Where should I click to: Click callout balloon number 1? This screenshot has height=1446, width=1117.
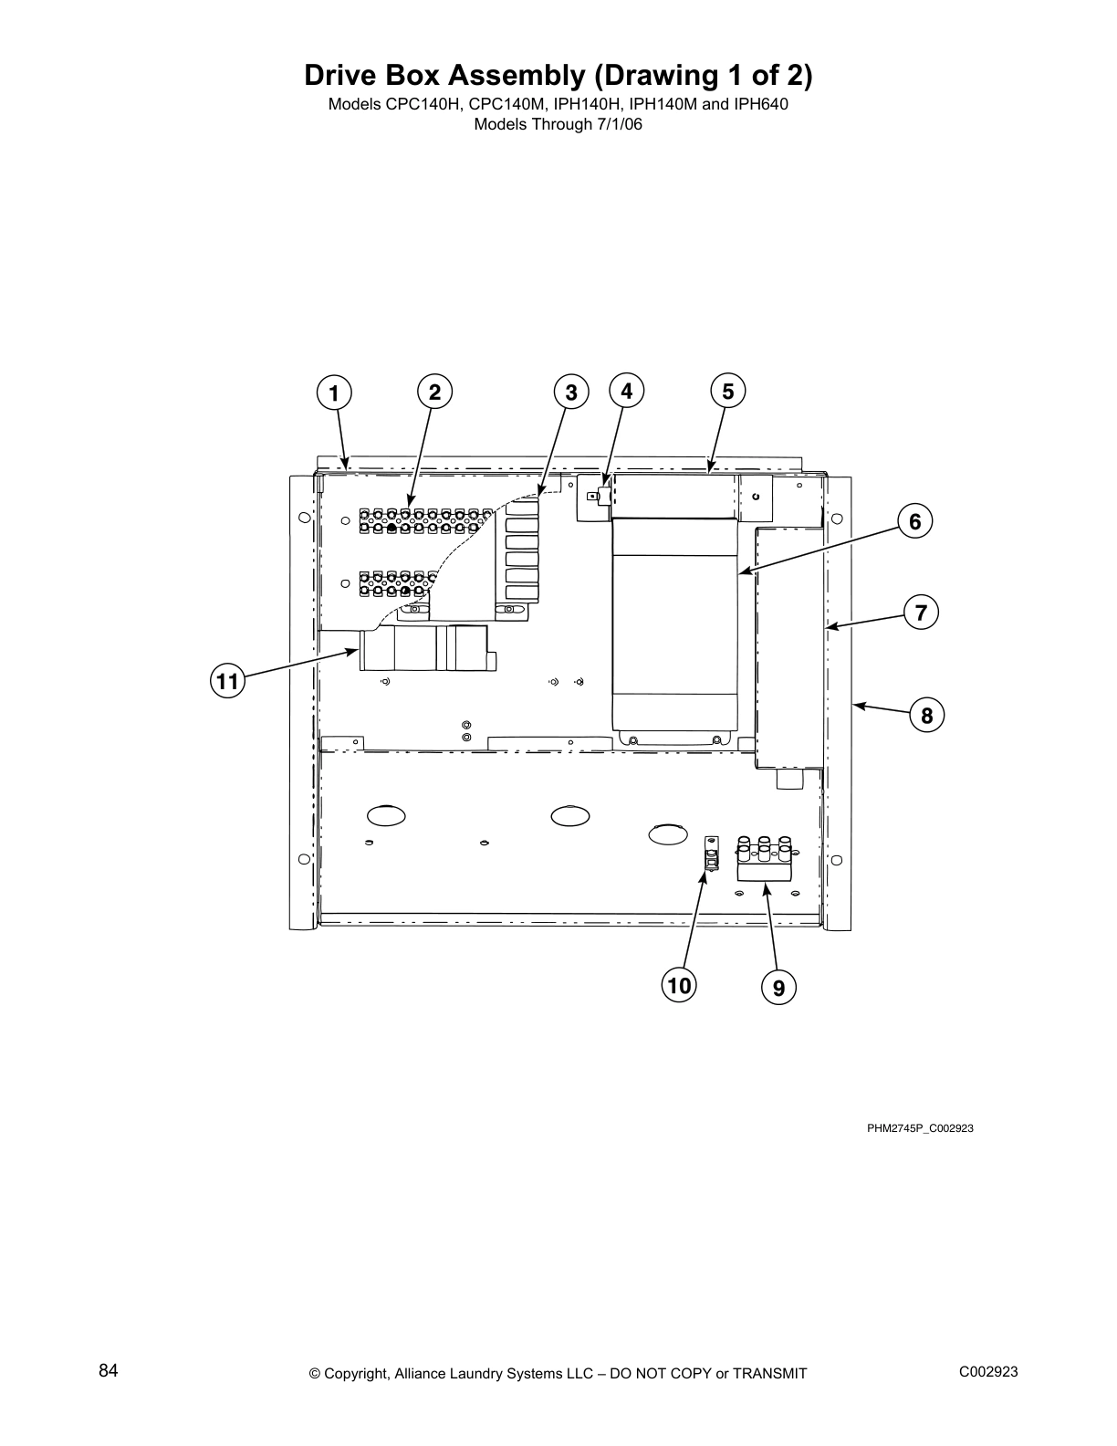(x=334, y=393)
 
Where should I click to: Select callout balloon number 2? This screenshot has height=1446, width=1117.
(x=435, y=392)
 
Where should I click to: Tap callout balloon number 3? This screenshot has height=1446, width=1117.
(x=571, y=393)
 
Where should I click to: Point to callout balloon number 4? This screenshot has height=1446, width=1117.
(x=626, y=391)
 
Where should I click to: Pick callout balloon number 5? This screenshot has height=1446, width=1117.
(x=727, y=391)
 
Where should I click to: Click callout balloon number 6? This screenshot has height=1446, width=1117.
(x=915, y=521)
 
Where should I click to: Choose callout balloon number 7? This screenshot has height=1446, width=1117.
(x=922, y=613)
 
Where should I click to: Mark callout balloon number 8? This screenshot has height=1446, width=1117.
(x=927, y=716)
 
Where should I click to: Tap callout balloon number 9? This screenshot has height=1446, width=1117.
(x=778, y=988)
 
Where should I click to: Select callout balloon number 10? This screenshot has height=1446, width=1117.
(x=679, y=986)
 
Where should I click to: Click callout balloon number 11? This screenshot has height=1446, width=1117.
(x=227, y=681)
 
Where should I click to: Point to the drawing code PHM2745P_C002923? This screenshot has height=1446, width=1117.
(x=920, y=1128)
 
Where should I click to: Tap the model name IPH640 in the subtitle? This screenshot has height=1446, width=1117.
(x=761, y=104)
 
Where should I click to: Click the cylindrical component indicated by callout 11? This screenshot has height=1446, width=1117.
(x=424, y=649)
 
